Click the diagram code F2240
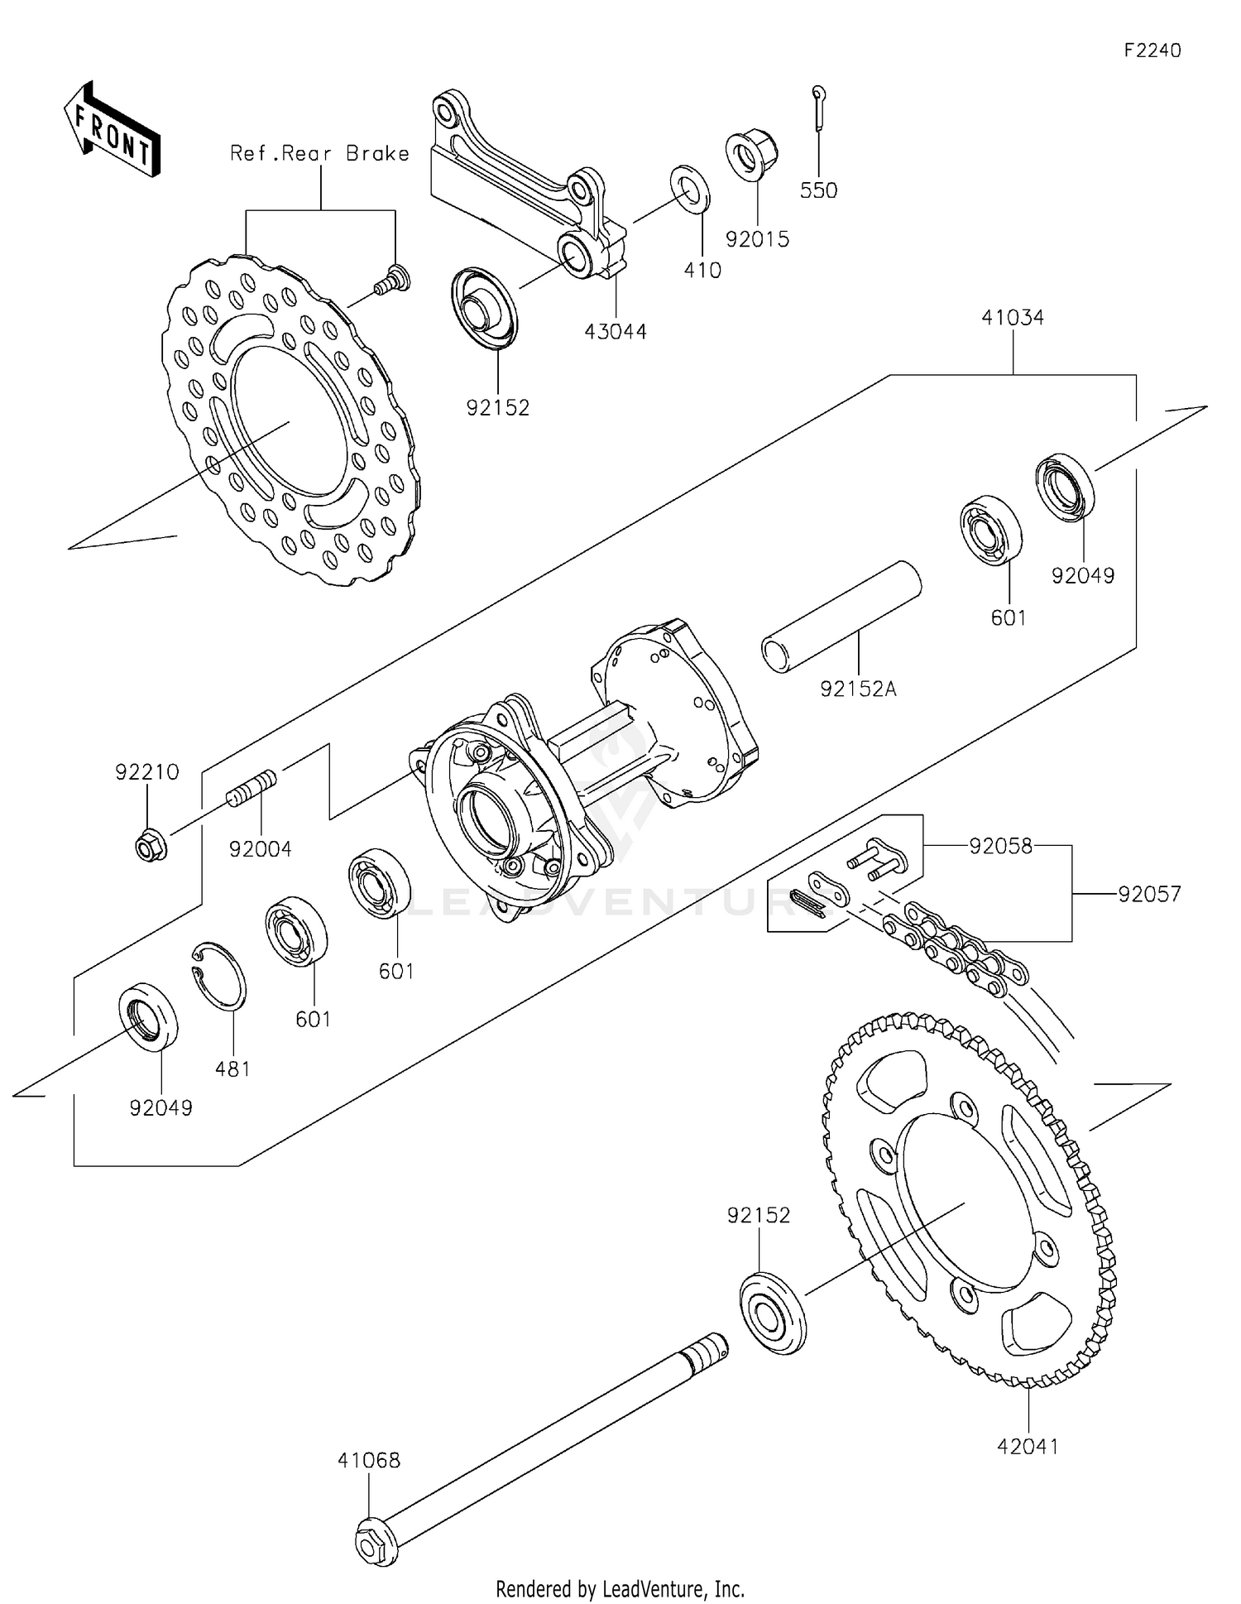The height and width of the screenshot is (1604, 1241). [1152, 50]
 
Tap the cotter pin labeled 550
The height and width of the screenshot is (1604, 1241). [818, 108]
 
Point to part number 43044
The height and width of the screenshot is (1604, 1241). [615, 332]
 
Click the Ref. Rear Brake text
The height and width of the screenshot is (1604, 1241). [319, 153]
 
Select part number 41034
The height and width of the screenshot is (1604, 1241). [1013, 317]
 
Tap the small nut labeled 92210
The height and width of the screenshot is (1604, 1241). [151, 844]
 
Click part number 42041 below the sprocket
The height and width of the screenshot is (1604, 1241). [1027, 1446]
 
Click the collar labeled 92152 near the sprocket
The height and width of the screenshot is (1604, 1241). [772, 1313]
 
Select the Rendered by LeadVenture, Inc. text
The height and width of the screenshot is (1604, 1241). [620, 1588]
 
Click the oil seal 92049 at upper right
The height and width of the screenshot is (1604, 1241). [1065, 487]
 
